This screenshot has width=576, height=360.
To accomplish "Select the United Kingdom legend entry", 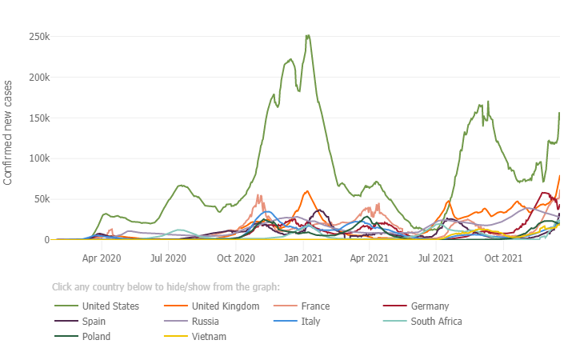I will click(x=225, y=306).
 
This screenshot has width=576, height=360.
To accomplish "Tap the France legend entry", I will click(x=315, y=306).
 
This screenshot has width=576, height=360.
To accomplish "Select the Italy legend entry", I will click(x=310, y=322).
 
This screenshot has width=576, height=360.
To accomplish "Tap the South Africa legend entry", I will click(x=436, y=322).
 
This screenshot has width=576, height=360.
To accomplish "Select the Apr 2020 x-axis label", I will click(x=102, y=258).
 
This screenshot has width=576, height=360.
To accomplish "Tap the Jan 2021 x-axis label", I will click(x=303, y=258).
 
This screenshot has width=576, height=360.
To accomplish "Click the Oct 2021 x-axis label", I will click(x=504, y=258).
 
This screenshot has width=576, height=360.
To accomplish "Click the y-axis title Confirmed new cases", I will click(x=8, y=132).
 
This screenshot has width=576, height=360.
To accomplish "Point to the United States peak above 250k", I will click(x=308, y=35).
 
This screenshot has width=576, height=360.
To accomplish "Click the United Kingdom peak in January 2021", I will click(x=307, y=191).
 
